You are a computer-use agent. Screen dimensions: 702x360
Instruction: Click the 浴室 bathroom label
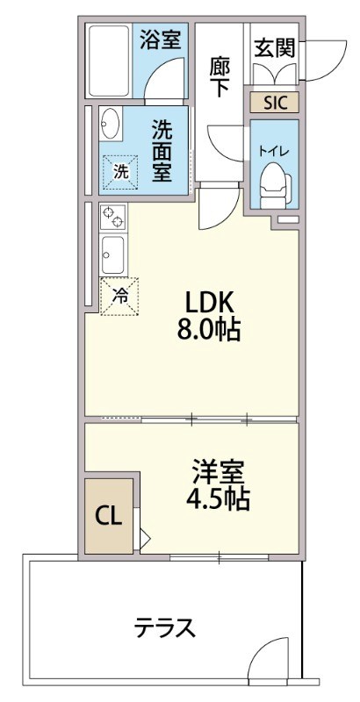160,39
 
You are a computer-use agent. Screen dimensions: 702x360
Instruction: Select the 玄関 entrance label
274,48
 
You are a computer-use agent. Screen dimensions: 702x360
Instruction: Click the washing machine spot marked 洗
120,172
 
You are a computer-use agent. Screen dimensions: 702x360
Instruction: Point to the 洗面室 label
160,149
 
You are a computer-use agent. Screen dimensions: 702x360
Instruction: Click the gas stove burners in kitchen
112,216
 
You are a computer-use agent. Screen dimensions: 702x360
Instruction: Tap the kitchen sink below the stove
112,254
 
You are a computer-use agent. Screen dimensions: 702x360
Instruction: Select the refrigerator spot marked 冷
120,297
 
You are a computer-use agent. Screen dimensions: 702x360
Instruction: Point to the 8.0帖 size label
208,331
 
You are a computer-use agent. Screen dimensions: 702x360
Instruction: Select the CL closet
108,514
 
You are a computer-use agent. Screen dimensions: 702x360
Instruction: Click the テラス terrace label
164,628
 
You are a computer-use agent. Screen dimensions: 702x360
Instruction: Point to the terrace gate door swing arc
269,658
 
